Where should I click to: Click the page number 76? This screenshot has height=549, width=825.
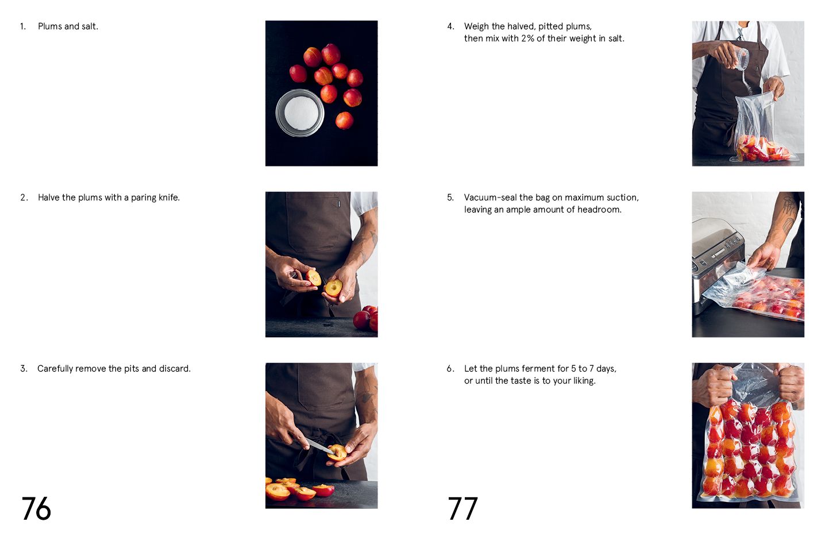(36, 509)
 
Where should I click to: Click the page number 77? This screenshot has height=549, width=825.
(462, 509)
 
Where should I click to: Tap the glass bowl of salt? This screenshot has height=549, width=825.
(300, 113)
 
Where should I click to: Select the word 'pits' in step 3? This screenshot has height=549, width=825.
(132, 369)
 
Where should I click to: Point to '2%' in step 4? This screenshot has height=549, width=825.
(527, 38)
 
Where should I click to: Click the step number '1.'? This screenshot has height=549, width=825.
(23, 26)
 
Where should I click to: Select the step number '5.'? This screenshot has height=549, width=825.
(450, 198)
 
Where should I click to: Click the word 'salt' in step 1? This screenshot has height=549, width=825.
(89, 26)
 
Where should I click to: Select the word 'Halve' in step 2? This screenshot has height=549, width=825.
(49, 198)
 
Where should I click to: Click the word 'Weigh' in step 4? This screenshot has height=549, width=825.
(476, 26)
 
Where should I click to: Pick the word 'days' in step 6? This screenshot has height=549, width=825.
(606, 369)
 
